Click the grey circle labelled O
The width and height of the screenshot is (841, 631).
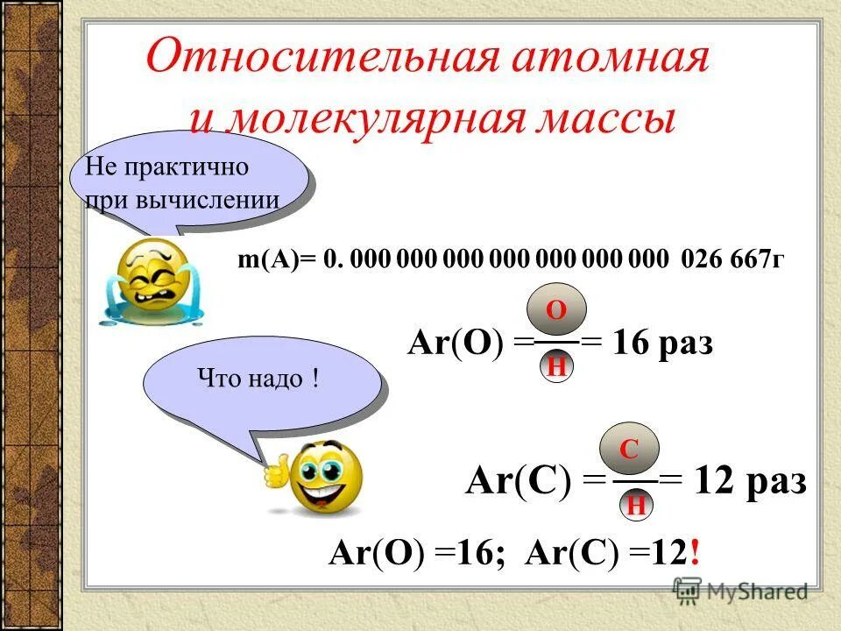[x=555, y=309]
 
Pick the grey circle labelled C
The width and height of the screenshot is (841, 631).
[x=629, y=450]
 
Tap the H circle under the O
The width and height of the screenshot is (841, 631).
[x=555, y=366]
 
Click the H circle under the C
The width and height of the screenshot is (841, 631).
[x=637, y=506]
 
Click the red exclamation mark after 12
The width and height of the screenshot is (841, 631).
[x=695, y=554]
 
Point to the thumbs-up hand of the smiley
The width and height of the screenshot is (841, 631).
[x=275, y=471]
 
